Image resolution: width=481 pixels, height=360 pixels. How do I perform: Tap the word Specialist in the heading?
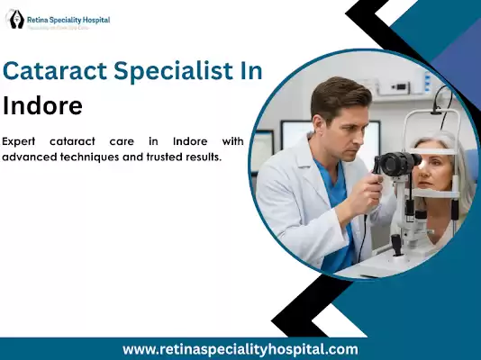pyautogui.click(x=168, y=72)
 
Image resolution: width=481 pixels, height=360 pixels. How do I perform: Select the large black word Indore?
pyautogui.click(x=43, y=105)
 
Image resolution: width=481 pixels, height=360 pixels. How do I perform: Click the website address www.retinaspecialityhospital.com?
pyautogui.click(x=240, y=349)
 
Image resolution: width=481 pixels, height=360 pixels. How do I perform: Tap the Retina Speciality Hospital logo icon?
pyautogui.click(x=15, y=19)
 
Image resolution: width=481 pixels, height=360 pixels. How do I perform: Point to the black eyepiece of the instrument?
pyautogui.click(x=396, y=164)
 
